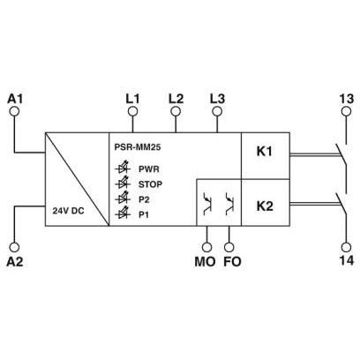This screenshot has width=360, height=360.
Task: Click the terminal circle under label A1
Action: click(x=14, y=111)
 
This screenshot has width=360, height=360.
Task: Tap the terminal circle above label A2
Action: click(x=14, y=247)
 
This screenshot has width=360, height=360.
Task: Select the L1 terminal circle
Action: click(x=132, y=111)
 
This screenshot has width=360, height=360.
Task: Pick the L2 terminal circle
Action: click(x=176, y=111)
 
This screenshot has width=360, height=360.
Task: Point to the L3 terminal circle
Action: click(x=217, y=111)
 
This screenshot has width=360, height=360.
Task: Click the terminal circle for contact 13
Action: click(x=346, y=111)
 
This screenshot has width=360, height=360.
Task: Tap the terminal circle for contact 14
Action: click(x=346, y=247)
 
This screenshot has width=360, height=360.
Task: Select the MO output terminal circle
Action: click(x=207, y=247)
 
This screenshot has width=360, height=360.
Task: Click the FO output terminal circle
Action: click(x=229, y=247)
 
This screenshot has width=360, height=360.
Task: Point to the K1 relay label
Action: click(x=265, y=152)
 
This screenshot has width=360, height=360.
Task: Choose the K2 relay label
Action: click(x=265, y=206)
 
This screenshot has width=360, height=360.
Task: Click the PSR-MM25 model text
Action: click(x=138, y=147)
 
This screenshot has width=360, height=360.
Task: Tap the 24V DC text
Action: click(x=68, y=211)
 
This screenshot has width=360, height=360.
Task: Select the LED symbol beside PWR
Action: click(x=123, y=168)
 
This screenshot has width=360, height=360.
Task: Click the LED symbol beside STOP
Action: click(x=123, y=183)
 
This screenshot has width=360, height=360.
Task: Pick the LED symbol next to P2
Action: click(x=123, y=199)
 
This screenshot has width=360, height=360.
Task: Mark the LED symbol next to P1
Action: click(x=123, y=214)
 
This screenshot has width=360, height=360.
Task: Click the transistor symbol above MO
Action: click(x=208, y=203)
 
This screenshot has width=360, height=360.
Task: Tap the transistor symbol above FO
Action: click(x=229, y=203)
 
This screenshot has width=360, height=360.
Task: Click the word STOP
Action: click(x=150, y=184)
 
